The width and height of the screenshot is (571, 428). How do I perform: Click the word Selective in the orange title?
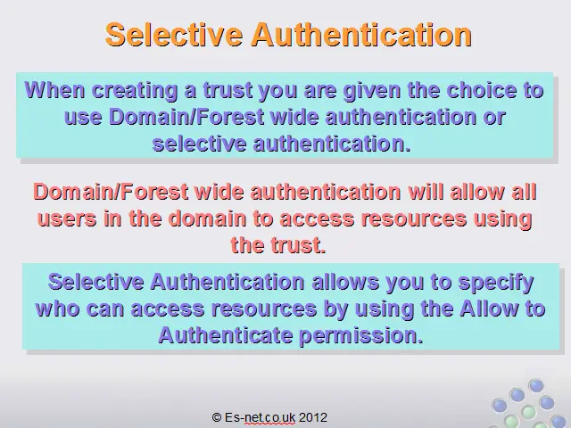(x=174, y=34)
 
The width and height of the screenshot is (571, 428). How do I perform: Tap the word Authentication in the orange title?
(x=361, y=34)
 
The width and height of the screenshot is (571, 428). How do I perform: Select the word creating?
(x=135, y=91)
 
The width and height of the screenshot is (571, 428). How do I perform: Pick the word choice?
(x=482, y=90)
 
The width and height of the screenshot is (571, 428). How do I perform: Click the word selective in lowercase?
(x=199, y=144)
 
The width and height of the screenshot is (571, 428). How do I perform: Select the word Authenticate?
(x=226, y=335)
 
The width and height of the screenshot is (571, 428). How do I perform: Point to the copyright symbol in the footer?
(x=217, y=417)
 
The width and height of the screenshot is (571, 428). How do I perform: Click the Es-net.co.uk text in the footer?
(x=260, y=417)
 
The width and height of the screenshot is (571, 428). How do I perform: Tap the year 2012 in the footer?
(x=313, y=417)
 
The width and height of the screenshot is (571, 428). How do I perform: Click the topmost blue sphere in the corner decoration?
(x=535, y=385)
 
